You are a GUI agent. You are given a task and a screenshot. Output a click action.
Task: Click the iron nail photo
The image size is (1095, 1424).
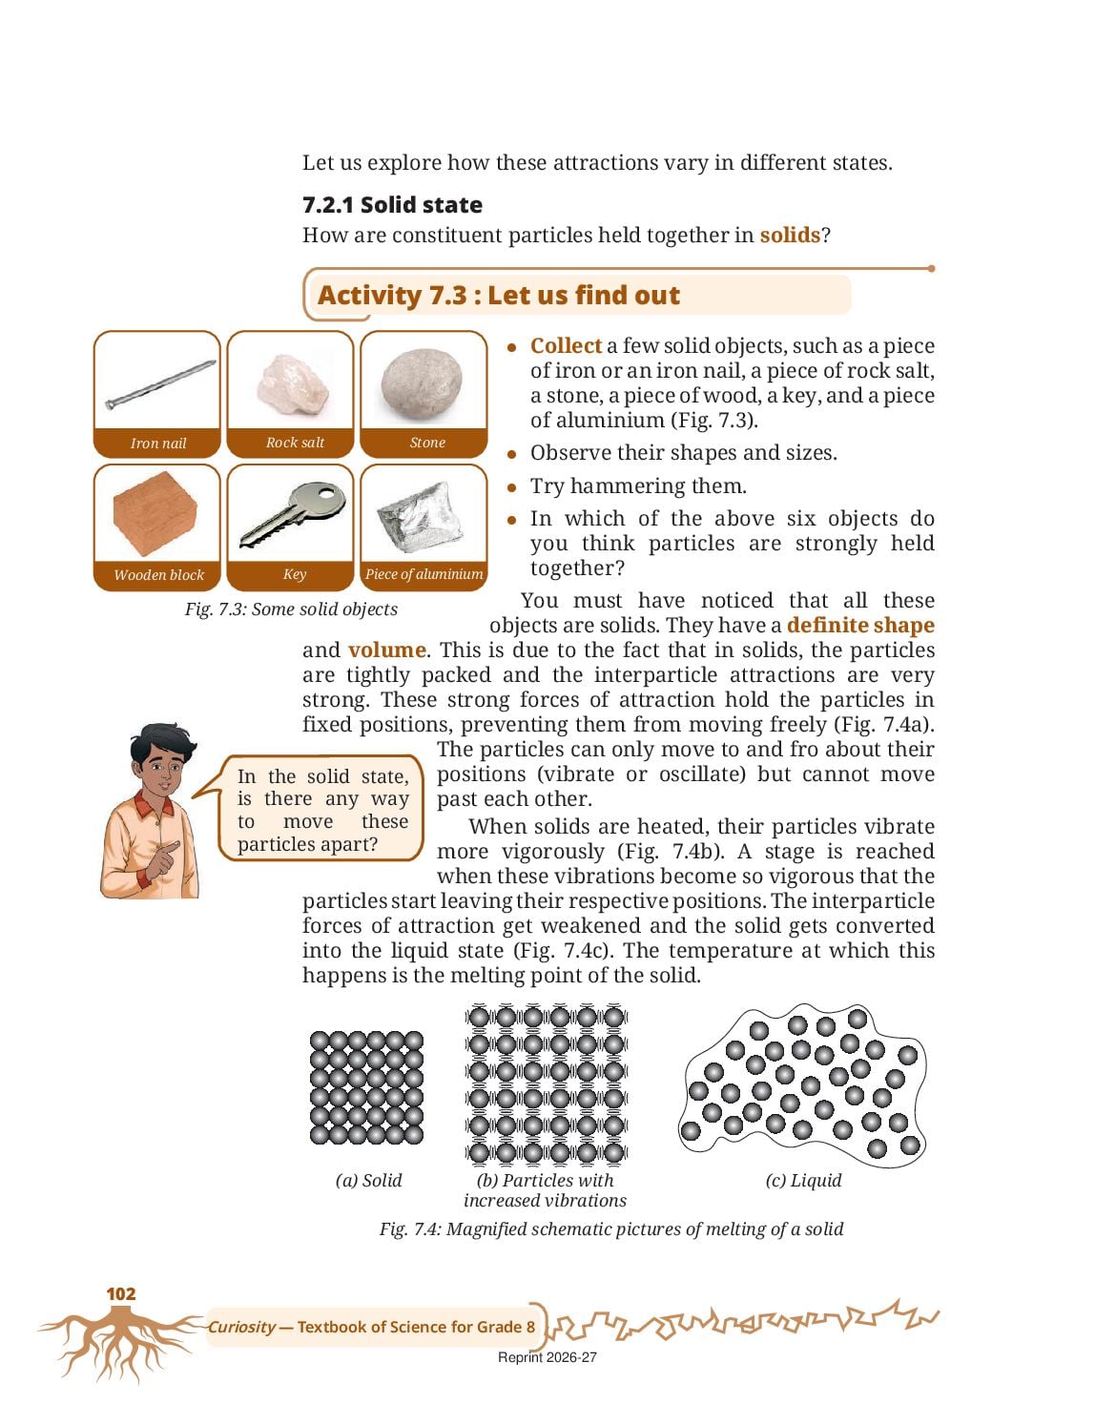[x=160, y=384]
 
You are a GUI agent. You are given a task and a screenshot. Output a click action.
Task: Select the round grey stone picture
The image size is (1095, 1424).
[x=422, y=383]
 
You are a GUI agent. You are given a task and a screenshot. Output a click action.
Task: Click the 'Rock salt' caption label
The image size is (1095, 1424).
[x=295, y=443]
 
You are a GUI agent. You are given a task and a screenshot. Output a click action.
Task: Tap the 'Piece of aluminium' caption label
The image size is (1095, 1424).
[x=424, y=574]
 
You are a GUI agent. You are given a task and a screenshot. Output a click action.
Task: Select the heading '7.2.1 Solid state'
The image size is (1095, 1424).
[x=392, y=204]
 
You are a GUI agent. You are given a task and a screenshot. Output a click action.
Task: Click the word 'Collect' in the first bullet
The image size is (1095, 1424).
[x=566, y=345]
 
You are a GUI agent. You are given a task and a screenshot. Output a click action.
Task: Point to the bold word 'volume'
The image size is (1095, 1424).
[x=386, y=650]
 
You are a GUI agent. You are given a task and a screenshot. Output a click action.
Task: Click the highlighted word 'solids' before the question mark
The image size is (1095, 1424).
[x=790, y=235]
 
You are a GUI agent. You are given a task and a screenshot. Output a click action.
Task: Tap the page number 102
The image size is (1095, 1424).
[x=120, y=1293]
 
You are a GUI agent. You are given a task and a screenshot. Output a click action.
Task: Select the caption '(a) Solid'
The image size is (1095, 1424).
[x=368, y=1180]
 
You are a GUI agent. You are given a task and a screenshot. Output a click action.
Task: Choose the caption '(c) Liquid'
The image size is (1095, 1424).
[x=803, y=1180]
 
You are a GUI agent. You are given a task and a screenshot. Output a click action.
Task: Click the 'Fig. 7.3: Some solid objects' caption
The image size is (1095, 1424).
[x=291, y=609]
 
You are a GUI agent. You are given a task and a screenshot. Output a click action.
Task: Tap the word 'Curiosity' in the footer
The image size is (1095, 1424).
[x=241, y=1327]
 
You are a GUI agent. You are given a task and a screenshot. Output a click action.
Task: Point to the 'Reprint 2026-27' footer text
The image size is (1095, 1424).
[x=547, y=1357]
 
